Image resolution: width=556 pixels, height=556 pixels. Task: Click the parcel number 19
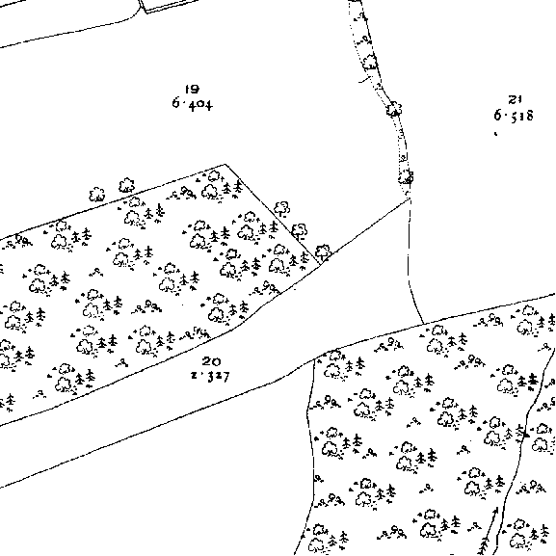192,89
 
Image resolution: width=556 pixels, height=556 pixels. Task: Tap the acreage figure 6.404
193,104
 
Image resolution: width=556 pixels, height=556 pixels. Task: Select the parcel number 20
211,361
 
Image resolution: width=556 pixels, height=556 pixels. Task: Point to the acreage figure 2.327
210,376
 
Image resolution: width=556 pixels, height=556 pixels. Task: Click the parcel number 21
515,99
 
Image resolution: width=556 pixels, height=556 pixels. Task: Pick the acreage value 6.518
514,116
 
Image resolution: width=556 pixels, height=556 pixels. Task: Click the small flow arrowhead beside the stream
495,511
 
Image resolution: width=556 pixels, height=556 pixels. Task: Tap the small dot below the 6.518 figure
495,134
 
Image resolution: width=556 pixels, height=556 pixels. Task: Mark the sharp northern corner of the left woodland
225,164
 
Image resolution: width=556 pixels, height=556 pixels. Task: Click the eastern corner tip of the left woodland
321,264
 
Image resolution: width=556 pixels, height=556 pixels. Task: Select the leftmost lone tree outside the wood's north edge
96,195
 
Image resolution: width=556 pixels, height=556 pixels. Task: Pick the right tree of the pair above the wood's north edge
126,185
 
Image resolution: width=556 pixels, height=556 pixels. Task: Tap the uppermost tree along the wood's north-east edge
282,208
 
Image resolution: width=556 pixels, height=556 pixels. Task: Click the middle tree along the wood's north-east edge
300,231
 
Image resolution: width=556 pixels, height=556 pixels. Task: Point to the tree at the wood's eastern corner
323,252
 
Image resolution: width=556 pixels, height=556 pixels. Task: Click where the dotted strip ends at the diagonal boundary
410,199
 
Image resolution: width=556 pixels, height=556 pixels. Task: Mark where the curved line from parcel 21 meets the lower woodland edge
424,324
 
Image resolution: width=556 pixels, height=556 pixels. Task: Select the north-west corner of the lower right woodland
315,358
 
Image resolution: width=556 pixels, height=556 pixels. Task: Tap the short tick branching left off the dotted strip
364,79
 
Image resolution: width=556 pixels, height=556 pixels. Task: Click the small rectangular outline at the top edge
169,6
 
